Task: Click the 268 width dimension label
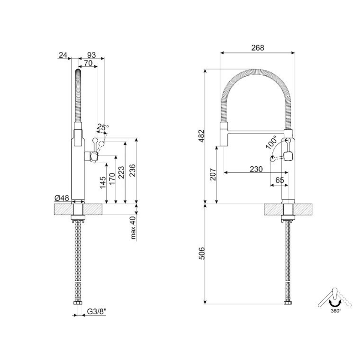(258, 48)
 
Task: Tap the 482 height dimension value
(201, 136)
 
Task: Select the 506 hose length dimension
(201, 253)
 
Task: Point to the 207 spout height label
(213, 174)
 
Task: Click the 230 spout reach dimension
(256, 169)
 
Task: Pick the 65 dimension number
(279, 180)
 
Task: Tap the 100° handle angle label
(271, 142)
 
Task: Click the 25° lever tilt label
(103, 127)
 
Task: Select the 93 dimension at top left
(91, 55)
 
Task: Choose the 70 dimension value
(88, 63)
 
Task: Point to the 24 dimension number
(63, 55)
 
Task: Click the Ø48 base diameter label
(62, 198)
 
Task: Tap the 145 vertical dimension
(103, 183)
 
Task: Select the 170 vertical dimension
(112, 179)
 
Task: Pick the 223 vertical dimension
(121, 172)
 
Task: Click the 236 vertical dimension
(132, 170)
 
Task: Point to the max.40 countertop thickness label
(133, 228)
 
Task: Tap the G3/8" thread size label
(96, 312)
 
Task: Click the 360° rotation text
(336, 311)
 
